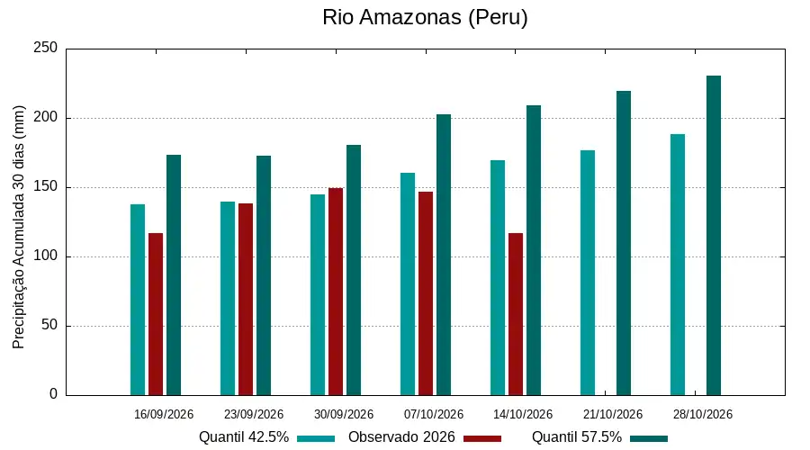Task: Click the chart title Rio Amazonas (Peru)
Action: [x=425, y=17]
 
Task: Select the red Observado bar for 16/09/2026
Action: [x=156, y=314]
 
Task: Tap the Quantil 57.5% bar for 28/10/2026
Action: [x=714, y=236]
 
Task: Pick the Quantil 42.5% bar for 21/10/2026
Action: [x=588, y=273]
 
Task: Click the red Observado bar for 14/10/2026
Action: [x=516, y=314]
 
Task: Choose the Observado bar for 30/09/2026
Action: [x=336, y=292]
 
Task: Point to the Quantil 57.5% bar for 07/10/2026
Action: [x=444, y=255]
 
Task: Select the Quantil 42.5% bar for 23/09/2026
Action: [x=228, y=299]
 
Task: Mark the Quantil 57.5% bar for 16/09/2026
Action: [x=174, y=274]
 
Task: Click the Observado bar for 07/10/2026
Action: [x=426, y=293]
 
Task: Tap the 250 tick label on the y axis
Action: [x=46, y=48]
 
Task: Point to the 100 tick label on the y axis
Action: [x=46, y=256]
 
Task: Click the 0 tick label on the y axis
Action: [x=54, y=394]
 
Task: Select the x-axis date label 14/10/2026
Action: [x=523, y=414]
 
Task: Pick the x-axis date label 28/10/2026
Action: [x=703, y=414]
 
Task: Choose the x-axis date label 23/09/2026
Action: [x=254, y=414]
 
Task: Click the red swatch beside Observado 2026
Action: [x=482, y=438]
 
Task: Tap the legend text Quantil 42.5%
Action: [x=244, y=437]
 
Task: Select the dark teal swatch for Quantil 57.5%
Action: [x=649, y=438]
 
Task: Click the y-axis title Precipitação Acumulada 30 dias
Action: [x=19, y=228]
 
